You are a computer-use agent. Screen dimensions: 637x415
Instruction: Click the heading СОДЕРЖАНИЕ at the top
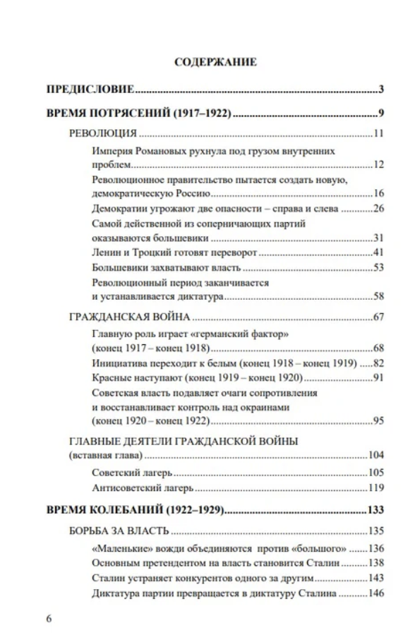point(215,62)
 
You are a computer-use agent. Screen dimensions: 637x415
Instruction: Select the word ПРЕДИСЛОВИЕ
point(90,90)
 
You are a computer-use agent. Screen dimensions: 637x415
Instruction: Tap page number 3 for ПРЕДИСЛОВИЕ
point(380,90)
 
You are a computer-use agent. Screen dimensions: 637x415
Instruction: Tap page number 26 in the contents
point(376,208)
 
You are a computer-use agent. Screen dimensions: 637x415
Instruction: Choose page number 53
point(376,268)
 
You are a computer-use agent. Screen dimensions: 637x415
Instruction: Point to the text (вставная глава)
point(107,455)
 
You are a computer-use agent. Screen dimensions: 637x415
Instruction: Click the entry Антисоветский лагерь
point(143,487)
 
